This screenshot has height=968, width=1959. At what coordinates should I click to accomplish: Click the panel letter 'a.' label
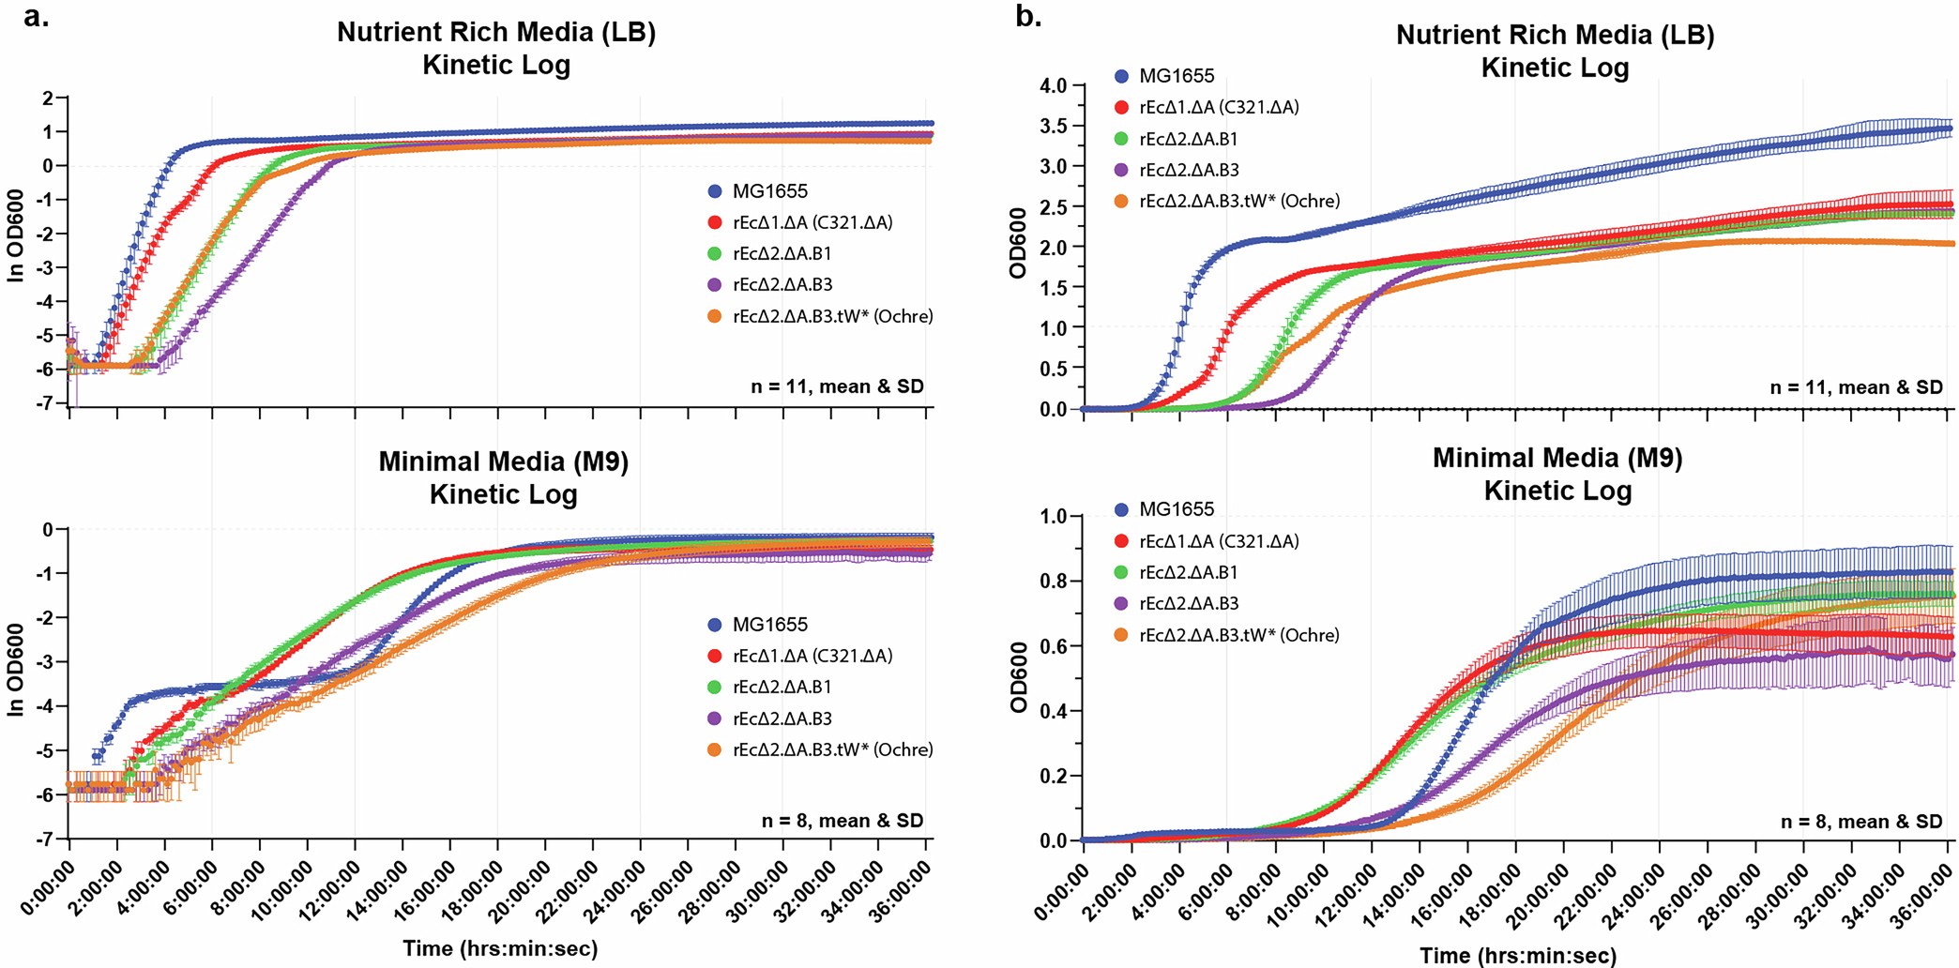[x=36, y=16]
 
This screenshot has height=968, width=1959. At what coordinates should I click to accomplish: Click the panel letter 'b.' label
[x=1028, y=16]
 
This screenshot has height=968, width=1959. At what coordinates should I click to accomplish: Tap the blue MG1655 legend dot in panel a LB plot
[x=715, y=191]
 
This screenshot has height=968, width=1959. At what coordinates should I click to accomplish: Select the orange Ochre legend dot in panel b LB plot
[x=1121, y=201]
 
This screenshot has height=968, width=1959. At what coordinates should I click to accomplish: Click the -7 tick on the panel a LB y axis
[x=45, y=403]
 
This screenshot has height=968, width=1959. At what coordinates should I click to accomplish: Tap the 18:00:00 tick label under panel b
[x=1492, y=896]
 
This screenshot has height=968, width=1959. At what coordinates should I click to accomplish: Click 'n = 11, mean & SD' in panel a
[x=837, y=386]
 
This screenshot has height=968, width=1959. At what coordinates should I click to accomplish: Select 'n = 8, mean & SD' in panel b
[x=1861, y=822]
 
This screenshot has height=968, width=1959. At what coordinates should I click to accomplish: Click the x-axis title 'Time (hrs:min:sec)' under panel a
[x=500, y=948]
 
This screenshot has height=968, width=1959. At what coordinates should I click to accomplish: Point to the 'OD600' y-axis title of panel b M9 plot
[x=1019, y=677]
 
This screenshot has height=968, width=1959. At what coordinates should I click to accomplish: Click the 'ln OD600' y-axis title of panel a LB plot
[x=15, y=246]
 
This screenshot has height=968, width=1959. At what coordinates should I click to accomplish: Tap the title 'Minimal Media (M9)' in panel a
[x=503, y=461]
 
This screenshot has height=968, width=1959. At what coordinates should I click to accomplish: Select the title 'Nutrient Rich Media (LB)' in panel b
[x=1555, y=35]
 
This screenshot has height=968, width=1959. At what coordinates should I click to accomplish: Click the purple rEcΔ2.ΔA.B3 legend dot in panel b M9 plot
[x=1121, y=604]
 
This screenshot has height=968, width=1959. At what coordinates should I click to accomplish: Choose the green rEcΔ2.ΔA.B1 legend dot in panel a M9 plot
[x=715, y=688]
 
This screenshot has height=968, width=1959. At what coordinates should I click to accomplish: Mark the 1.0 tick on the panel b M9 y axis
[x=1054, y=516]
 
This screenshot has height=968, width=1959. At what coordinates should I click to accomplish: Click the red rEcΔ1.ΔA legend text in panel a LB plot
[x=812, y=222]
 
